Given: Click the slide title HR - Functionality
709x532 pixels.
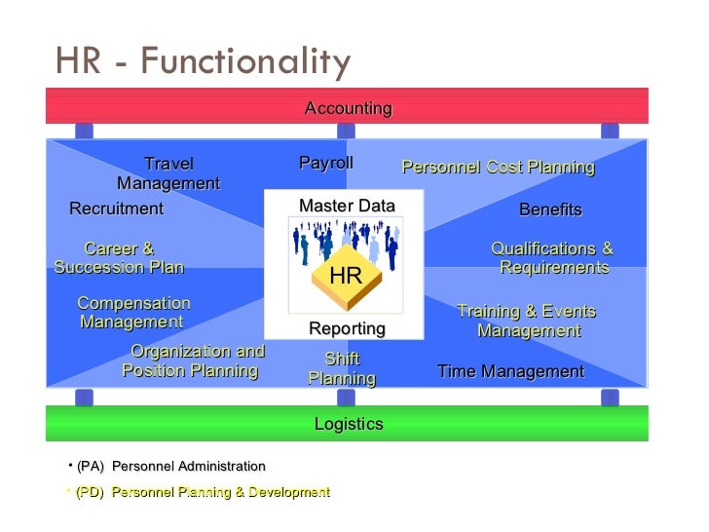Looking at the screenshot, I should coord(203,62).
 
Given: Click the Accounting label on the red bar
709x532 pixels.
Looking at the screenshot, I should coord(348,108).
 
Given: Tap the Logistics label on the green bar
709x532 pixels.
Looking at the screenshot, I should coord(348,424).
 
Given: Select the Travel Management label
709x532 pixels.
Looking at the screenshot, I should coord(168,173).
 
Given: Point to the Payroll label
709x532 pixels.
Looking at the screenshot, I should coord(326,164).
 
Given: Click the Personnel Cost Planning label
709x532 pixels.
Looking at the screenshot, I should coord(498,168).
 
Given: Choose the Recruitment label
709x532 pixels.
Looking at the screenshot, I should coord(116,209).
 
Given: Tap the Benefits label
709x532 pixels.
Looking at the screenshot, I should coord(550,209).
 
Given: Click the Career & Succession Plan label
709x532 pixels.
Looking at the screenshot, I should coord(119,258).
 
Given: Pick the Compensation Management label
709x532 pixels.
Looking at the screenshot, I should coord(132,313).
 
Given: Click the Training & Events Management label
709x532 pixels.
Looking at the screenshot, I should coord(527,321).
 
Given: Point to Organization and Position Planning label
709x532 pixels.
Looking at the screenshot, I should coord(194,361).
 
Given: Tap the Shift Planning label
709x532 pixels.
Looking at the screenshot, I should coord(342,368).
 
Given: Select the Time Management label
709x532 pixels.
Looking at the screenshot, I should coord(510,371).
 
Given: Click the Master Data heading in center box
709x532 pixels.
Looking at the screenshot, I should coord(347,206).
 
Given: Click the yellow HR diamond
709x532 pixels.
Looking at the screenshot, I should coord(346,277).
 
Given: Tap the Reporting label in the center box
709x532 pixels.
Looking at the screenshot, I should coord(347,328).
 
